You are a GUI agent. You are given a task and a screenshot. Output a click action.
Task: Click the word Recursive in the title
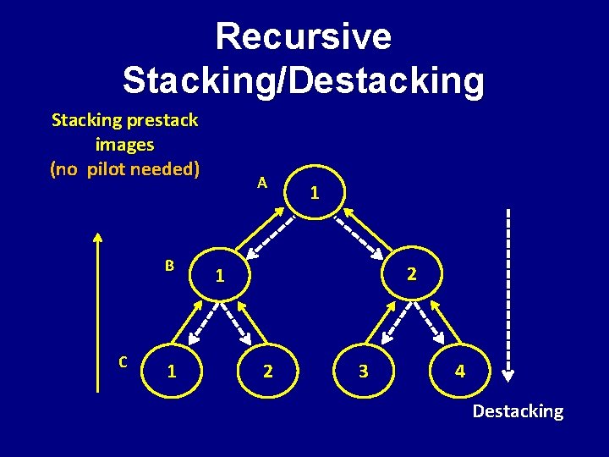pos(304,37)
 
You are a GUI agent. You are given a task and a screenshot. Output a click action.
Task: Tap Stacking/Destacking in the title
pos(304,81)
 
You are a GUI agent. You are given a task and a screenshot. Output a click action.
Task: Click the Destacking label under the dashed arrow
pos(518,411)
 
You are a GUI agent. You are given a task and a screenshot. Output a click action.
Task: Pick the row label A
pos(263,182)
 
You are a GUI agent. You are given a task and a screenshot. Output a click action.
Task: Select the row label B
pos(169,265)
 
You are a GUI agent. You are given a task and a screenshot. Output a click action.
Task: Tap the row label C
pos(123,362)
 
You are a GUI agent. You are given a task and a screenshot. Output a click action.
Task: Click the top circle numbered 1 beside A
pos(315,193)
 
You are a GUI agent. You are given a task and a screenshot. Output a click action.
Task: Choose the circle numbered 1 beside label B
pos(220,275)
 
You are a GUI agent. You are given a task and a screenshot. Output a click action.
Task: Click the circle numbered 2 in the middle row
pos(410,274)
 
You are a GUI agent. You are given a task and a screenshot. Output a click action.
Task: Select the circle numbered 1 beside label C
pos(172,371)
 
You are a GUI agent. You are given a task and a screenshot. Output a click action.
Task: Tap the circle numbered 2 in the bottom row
pos(267,371)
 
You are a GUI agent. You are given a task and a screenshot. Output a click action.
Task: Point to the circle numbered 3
pos(363,371)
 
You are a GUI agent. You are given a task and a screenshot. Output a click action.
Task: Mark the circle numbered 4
pos(459,371)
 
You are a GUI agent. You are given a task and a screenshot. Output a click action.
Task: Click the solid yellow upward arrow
pos(98,313)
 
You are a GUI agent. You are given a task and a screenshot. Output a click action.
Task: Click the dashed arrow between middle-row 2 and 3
pos(385,322)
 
